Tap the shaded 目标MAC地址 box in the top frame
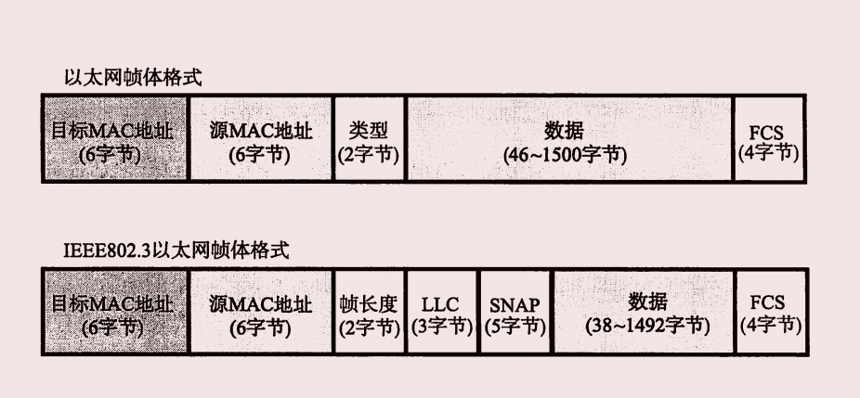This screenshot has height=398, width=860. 115,137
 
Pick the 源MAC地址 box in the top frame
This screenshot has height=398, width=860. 260,137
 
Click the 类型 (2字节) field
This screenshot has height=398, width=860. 369,137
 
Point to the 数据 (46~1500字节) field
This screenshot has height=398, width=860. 568,137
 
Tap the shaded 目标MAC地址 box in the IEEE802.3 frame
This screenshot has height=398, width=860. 115,313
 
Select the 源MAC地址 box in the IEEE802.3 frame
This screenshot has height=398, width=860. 260,313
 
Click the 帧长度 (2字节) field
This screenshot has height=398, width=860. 369,313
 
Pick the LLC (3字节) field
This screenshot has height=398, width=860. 442,313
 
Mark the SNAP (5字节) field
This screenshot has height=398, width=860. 515,313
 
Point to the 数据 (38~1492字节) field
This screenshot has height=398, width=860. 643,313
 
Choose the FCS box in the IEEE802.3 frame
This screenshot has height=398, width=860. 770,313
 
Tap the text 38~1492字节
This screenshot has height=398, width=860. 648,327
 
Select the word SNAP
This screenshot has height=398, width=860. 515,304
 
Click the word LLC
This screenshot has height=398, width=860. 440,304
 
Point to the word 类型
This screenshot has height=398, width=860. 369,127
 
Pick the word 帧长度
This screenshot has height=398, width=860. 369,302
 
